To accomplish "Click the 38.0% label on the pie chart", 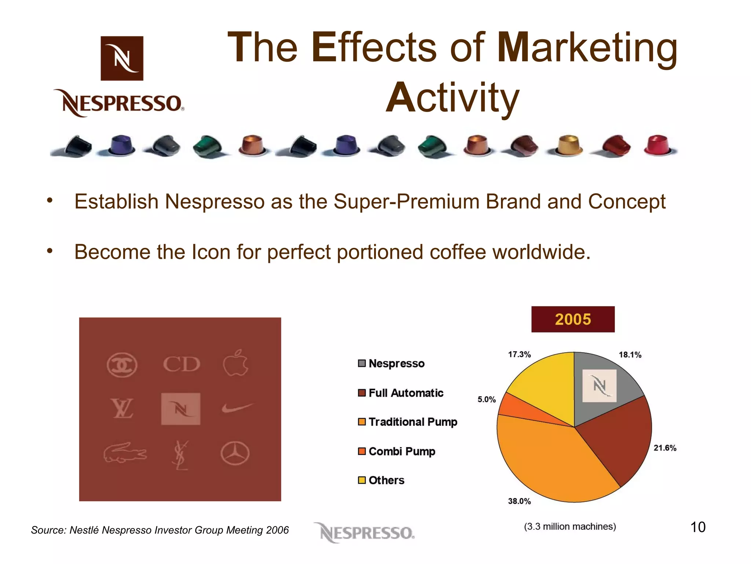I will pos(519,501).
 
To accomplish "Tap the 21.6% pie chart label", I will pos(665,448).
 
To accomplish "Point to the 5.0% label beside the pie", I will pos(486,399).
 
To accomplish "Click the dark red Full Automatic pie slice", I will pos(620,441).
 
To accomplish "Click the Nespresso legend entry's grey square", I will pos(362,364).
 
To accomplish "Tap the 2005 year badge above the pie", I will pos(573,319).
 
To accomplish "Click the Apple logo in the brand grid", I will pos(235,363).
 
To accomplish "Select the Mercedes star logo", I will pos(235,453).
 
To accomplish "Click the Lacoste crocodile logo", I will pos(125,453).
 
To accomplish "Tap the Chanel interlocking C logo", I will pos(122,365).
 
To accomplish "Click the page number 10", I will pos(698,527).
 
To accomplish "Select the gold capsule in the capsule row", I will pos(567,145).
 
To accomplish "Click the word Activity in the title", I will pos(453,98).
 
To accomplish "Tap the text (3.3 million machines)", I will pos(570,527).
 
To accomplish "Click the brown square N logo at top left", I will pos(122,58).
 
